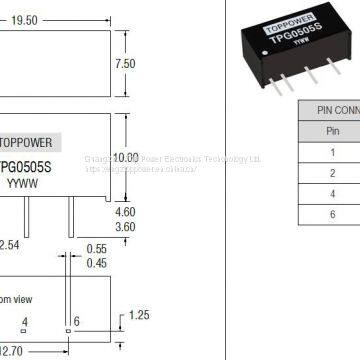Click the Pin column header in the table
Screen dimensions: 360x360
[x=334, y=130]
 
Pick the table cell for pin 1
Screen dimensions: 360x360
[x=334, y=153]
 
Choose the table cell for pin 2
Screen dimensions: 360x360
[x=334, y=174]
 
